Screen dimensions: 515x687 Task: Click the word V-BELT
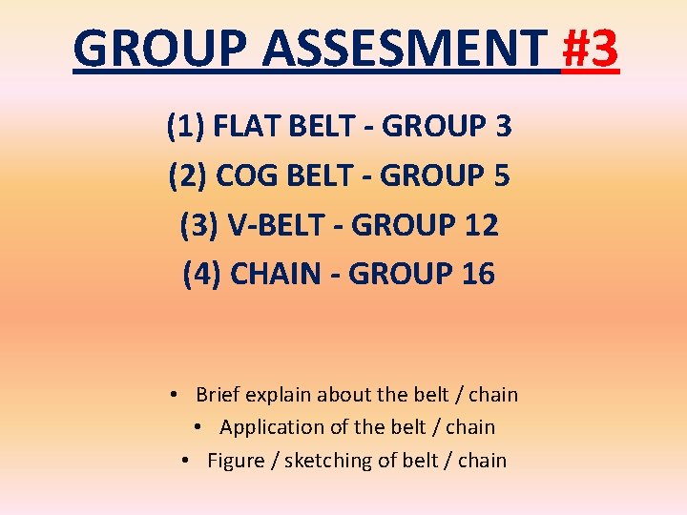pyautogui.click(x=276, y=225)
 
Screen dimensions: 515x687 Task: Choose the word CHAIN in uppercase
pyautogui.click(x=276, y=275)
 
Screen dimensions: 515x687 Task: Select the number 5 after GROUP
pyautogui.click(x=502, y=175)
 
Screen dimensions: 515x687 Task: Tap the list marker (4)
pyautogui.click(x=202, y=275)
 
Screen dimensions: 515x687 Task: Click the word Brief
pyautogui.click(x=219, y=395)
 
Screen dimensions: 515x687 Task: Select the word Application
pyautogui.click(x=272, y=427)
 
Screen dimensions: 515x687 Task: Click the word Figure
pyautogui.click(x=235, y=461)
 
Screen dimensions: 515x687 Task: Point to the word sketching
pyautogui.click(x=330, y=461)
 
